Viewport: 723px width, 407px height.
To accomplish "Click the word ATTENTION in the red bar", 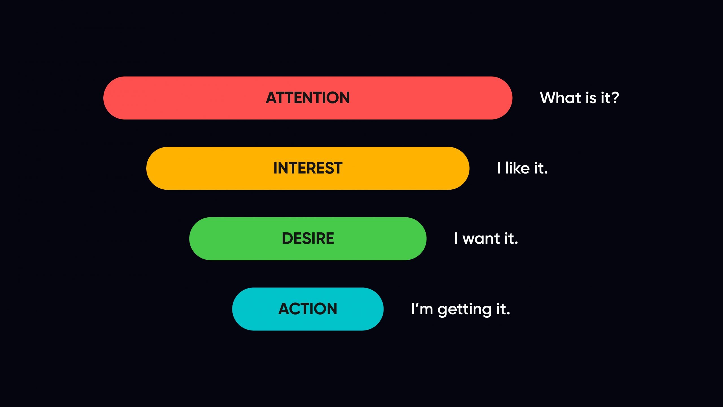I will [308, 98].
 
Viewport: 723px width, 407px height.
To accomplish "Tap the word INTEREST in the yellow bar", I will [308, 168].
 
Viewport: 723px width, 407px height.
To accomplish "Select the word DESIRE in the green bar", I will [308, 238].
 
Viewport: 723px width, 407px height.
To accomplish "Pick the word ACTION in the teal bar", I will [308, 309].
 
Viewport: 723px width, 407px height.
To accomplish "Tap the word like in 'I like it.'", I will [517, 168].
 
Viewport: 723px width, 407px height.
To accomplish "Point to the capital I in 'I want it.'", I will [456, 238].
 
